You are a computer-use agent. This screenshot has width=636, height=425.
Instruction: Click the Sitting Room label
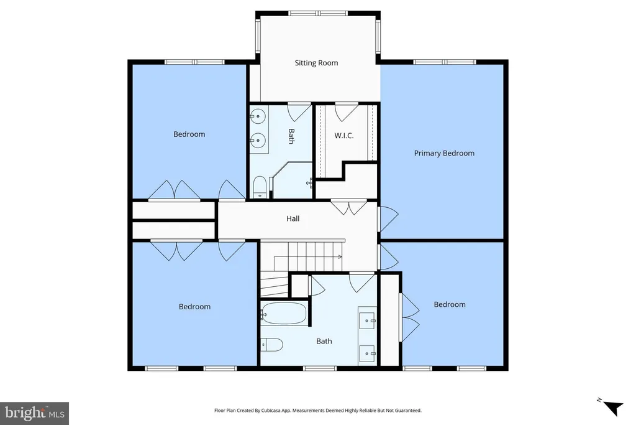coord(316,63)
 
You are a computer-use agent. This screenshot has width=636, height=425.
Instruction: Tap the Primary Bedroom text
coord(444,153)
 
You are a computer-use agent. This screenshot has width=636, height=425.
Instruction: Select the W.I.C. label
coord(344,135)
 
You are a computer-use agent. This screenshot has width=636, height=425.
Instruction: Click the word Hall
coord(293,218)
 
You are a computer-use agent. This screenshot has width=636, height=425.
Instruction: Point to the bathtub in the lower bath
coord(283,313)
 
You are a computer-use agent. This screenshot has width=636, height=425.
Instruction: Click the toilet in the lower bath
coord(271,345)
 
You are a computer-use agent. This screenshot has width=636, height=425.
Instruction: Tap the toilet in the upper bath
coord(259,187)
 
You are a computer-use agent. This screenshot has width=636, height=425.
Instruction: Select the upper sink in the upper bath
coord(258,116)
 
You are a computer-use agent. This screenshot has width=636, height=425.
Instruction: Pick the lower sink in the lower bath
coord(368,353)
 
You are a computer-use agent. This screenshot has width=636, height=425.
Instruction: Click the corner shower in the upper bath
coord(291,180)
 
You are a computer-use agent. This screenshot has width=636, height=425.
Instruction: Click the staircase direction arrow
coord(307,257)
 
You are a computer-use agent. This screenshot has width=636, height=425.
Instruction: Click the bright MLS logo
coord(35,414)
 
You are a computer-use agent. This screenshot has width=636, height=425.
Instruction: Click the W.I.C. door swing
coord(346,112)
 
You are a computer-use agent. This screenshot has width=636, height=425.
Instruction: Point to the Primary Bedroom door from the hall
coord(388,220)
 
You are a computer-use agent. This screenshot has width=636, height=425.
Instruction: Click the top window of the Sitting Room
coord(318,14)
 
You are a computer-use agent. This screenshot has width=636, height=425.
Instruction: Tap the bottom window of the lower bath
coord(320,368)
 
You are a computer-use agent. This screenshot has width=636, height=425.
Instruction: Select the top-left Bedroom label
coord(189,134)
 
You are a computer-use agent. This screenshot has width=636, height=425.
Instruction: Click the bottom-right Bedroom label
coord(450,304)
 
